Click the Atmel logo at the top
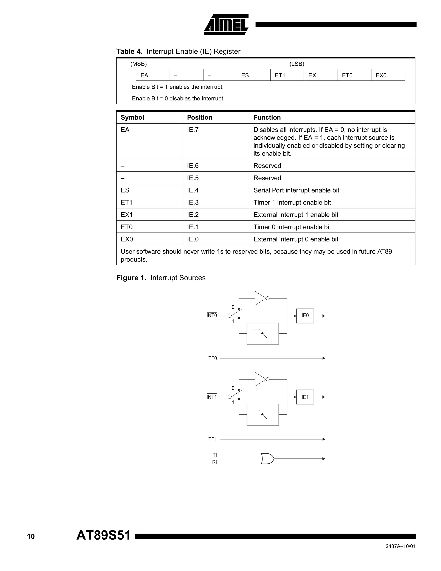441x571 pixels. coord(226,25)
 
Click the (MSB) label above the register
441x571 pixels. coord(138,64)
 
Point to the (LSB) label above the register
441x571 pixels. coord(297,64)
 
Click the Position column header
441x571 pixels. coord(199,117)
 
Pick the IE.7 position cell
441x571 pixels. coord(193,130)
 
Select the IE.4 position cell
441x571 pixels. coord(193,190)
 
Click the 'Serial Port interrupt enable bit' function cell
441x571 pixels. coord(296,190)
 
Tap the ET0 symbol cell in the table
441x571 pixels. coord(127,227)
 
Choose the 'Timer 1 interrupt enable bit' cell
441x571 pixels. coord(292,202)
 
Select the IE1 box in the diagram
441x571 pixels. coord(305,397)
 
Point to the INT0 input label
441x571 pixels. coord(212,316)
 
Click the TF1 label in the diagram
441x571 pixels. coord(213,439)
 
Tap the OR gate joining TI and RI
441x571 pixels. coord(267,459)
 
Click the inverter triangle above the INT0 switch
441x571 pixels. coord(260,298)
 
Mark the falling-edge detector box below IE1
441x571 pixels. coord(262,415)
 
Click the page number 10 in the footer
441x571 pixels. coord(31,537)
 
